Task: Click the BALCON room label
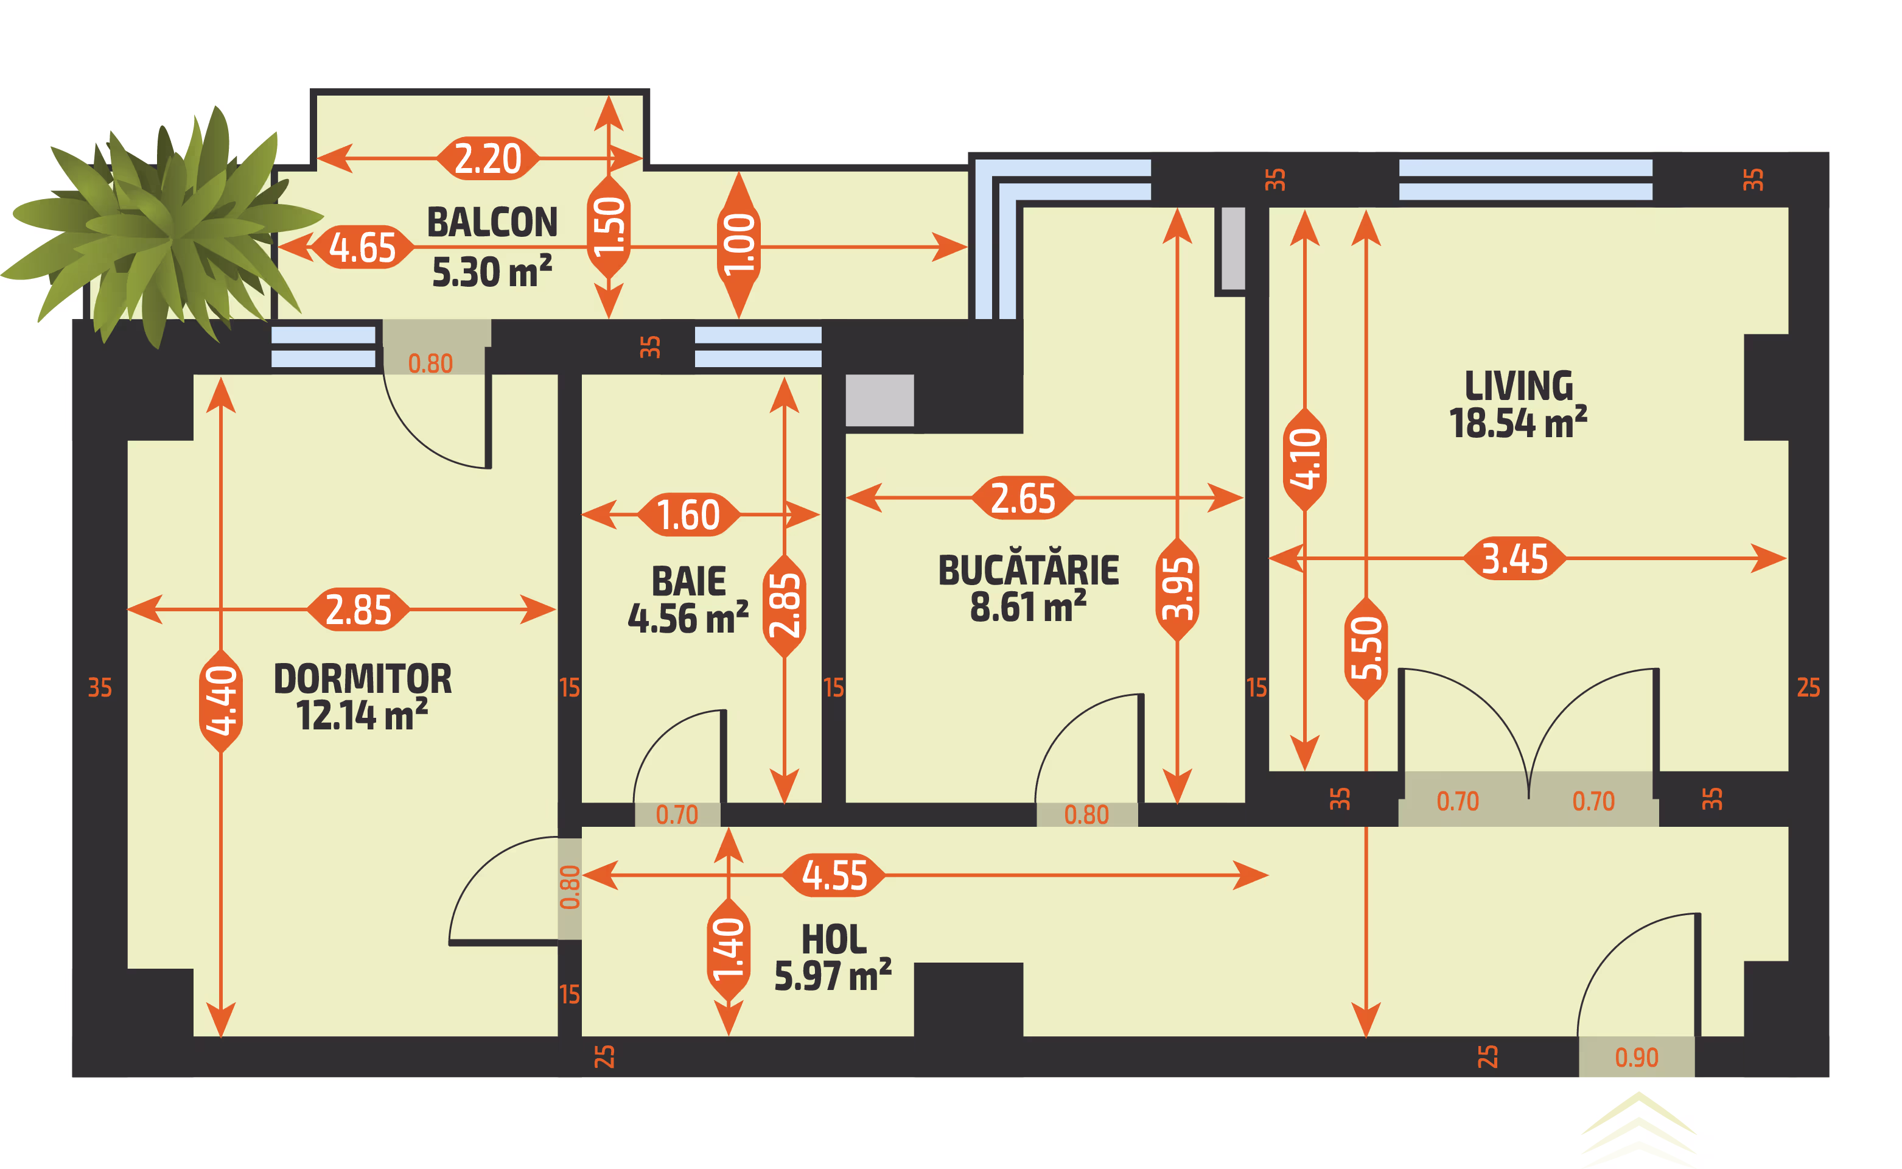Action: tap(492, 223)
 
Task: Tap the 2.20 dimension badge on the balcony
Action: tap(488, 158)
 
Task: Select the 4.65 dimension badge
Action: tap(363, 247)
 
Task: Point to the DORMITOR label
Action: tap(363, 679)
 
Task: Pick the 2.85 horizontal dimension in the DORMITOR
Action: tap(358, 609)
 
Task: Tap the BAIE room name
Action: tap(688, 581)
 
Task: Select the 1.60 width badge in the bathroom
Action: tap(688, 514)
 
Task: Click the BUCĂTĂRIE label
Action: tap(1029, 570)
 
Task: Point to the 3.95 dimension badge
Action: tap(1177, 590)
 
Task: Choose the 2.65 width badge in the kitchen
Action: tap(1023, 498)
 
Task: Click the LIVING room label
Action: tap(1519, 386)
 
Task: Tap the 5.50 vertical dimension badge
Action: tap(1366, 650)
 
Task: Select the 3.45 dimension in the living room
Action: tap(1515, 558)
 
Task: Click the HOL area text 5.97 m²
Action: tap(833, 976)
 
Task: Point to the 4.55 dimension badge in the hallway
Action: tap(834, 875)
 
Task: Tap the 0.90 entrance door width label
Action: tap(1637, 1058)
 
